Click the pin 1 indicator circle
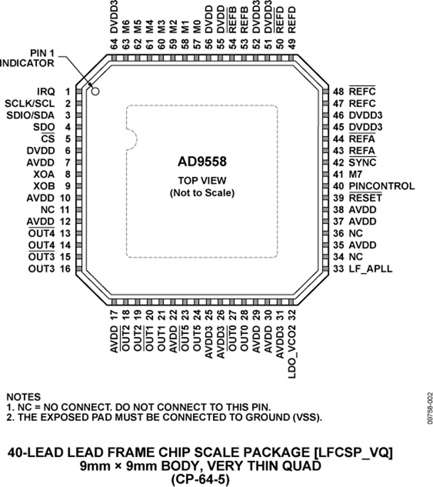(x=95, y=91)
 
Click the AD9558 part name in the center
(x=202, y=162)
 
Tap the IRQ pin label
(x=46, y=91)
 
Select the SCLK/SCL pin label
(x=29, y=103)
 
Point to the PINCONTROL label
(x=382, y=186)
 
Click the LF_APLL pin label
(x=370, y=269)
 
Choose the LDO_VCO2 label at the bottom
(x=292, y=352)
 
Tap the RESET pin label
(x=365, y=198)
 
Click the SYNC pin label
(x=362, y=163)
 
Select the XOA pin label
(x=44, y=174)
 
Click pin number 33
(x=338, y=269)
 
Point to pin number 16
(x=65, y=269)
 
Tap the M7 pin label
(x=356, y=174)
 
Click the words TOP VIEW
(x=202, y=180)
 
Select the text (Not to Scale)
(x=202, y=193)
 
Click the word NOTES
(x=24, y=397)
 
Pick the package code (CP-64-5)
(x=200, y=479)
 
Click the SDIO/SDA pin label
(x=30, y=115)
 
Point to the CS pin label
(x=48, y=139)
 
